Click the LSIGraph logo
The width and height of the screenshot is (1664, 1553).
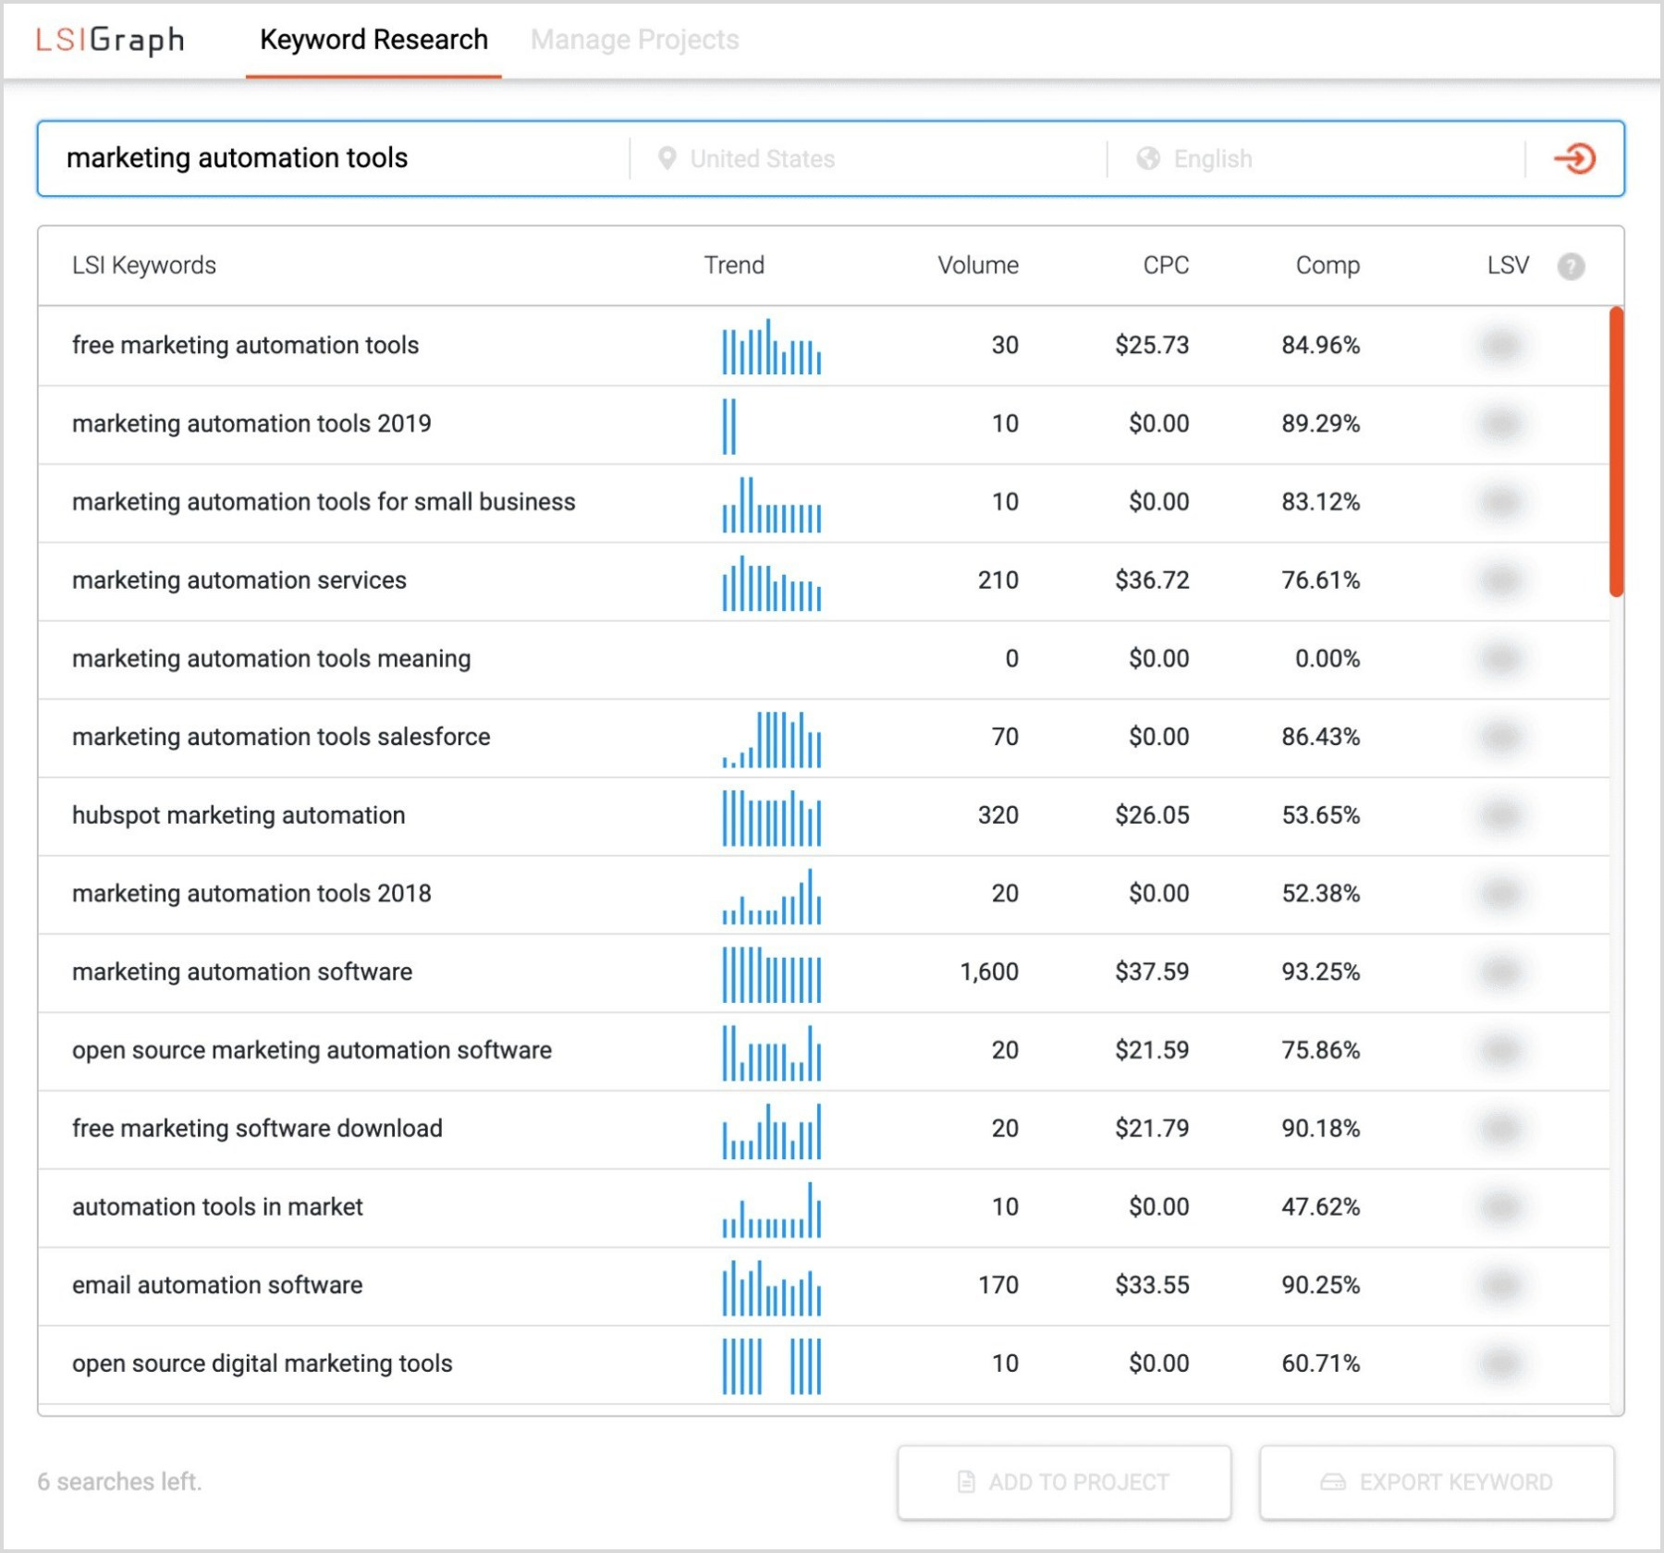pos(110,40)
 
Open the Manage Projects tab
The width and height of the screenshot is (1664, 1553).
pos(634,40)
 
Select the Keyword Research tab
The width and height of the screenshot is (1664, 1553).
pos(373,40)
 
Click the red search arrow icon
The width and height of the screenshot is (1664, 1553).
pos(1574,159)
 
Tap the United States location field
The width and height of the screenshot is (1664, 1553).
pos(762,159)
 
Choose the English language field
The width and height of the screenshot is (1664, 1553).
pos(1212,159)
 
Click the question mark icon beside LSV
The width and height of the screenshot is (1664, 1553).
pos(1571,266)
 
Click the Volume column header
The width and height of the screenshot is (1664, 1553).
pos(977,265)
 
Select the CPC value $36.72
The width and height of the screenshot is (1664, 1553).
pos(1151,581)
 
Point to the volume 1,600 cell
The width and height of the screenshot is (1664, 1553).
pos(988,972)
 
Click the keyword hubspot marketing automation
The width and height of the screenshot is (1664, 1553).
pos(239,815)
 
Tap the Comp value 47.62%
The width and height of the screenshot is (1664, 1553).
pos(1320,1207)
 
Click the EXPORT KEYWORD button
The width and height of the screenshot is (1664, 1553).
pos(1437,1482)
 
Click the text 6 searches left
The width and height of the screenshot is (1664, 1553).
pos(119,1482)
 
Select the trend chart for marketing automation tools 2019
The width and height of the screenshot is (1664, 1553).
pos(729,426)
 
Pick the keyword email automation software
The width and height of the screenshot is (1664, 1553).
pos(217,1285)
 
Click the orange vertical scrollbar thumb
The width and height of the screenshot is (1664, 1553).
pos(1616,451)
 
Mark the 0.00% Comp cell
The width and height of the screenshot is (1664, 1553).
pos(1327,659)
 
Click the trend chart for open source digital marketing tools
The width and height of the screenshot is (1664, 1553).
pos(771,1365)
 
